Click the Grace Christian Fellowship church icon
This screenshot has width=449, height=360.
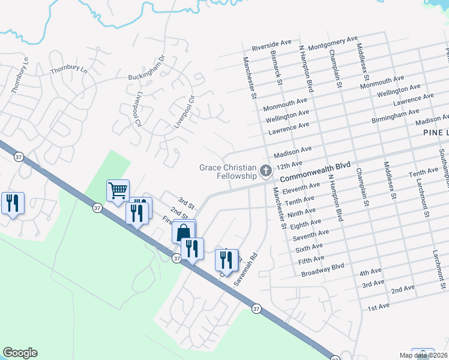(x=265, y=172)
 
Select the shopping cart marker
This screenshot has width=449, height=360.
(x=118, y=191)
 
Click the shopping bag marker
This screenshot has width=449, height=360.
(x=184, y=232)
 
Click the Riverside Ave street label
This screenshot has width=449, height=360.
(x=271, y=45)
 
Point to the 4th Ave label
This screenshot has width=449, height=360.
(x=370, y=273)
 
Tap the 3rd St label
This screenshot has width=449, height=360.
(x=184, y=200)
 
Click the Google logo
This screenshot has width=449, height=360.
(x=20, y=353)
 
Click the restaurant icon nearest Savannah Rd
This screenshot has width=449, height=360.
(x=226, y=260)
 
